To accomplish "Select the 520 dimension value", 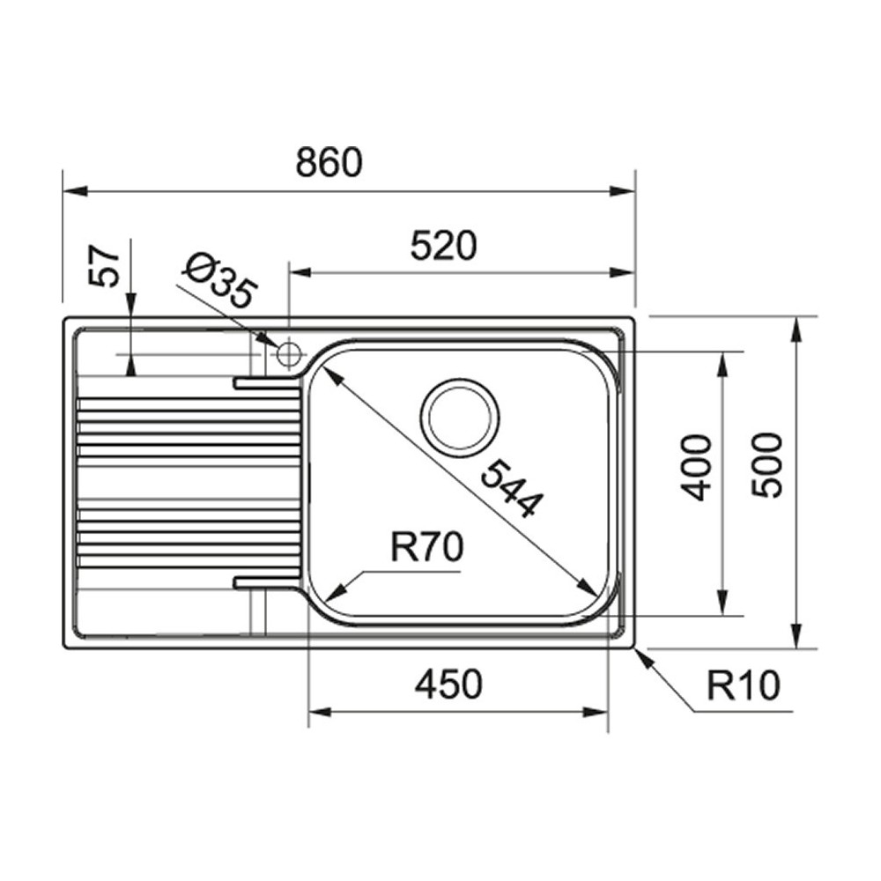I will point(443,247).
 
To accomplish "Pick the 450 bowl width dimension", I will point(449,684).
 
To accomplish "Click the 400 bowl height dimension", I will point(698,467).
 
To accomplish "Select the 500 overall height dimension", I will point(768,464).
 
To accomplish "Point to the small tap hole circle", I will point(288,355).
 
